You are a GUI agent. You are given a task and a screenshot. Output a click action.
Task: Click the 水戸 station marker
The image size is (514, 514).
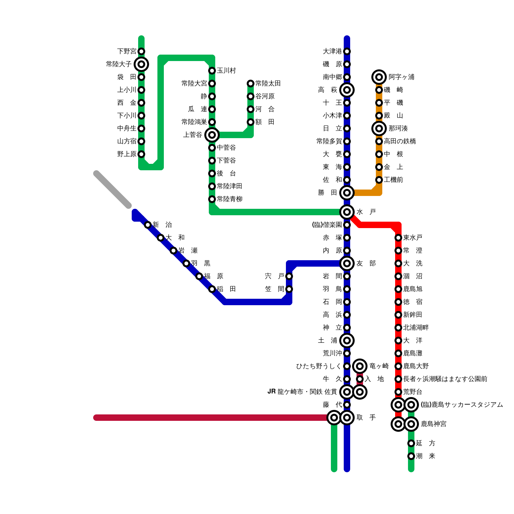[x=347, y=212]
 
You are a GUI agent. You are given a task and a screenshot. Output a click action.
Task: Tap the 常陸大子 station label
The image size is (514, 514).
[x=119, y=64]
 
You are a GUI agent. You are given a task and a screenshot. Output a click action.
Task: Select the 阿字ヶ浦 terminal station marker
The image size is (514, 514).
[x=379, y=77]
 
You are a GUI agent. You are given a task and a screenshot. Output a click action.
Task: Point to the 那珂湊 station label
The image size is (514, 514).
[x=398, y=128]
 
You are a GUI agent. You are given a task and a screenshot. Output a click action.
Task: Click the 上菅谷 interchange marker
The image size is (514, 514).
[x=212, y=135]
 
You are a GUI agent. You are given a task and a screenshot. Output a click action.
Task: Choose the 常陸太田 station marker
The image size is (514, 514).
[x=251, y=84]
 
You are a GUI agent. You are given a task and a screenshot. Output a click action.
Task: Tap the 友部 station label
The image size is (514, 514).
[x=366, y=263]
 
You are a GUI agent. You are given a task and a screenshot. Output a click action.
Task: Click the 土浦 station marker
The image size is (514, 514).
[x=347, y=341]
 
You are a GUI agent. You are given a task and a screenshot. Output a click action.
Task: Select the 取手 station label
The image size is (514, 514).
[x=366, y=418]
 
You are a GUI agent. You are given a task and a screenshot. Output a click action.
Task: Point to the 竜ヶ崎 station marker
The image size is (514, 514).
[x=360, y=366]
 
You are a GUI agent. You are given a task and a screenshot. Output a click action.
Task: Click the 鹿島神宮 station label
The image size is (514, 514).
[x=433, y=424]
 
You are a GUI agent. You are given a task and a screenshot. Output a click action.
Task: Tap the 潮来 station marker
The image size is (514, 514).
[x=411, y=456]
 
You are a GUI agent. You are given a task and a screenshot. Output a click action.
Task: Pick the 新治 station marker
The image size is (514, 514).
[x=148, y=225]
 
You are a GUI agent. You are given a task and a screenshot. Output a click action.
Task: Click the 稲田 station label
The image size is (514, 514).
[x=226, y=289]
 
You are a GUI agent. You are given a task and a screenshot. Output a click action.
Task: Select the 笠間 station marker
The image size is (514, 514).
[x=289, y=289]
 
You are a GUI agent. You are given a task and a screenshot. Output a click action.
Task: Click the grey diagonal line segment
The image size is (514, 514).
[x=112, y=190]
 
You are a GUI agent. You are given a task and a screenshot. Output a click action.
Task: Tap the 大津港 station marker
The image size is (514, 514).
[x=347, y=51]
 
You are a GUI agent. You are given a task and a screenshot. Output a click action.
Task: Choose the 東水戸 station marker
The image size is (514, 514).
[x=398, y=238]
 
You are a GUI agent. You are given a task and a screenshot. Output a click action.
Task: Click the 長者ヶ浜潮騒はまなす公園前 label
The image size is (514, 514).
[x=445, y=379]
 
